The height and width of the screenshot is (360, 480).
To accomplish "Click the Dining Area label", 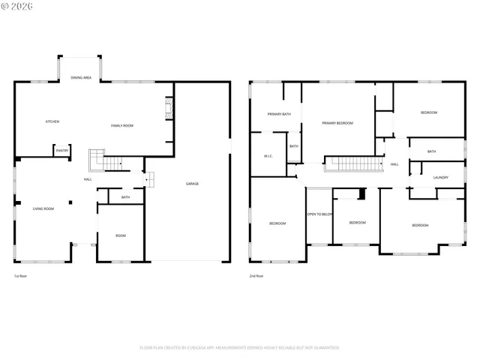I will click(81, 77).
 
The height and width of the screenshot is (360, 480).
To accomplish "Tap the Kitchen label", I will click(52, 121).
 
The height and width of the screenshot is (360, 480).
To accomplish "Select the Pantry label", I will click(62, 151).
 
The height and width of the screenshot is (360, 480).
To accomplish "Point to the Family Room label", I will click(122, 125).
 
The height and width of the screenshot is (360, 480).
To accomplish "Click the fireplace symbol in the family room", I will click(169, 109).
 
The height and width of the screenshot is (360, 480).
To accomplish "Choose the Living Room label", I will click(43, 208).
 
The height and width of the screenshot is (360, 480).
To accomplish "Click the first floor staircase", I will click(107, 160).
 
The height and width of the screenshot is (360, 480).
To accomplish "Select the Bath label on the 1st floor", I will click(125, 197).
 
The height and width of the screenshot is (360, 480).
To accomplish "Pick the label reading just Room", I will click(121, 235).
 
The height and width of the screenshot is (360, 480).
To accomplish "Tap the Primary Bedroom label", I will click(337, 123).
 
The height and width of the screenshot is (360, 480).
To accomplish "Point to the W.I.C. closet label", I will click(268, 156).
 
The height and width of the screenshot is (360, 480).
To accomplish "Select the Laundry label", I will click(441, 178).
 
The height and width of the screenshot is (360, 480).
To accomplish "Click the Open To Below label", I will click(319, 214).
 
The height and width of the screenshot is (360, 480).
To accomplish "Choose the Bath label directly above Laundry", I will click(431, 151).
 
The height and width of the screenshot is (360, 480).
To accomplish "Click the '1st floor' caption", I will click(22, 276).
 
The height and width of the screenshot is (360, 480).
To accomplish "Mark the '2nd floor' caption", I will click(256, 276).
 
